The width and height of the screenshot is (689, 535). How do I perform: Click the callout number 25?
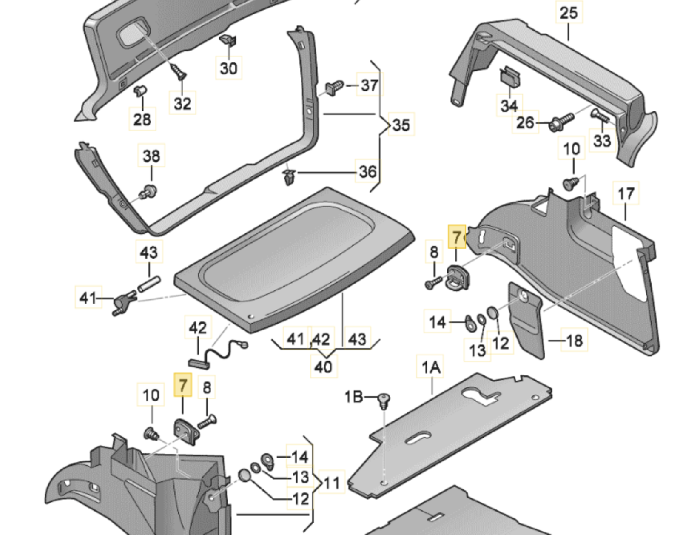pyautogui.click(x=569, y=13)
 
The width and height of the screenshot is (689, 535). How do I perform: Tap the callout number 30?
pyautogui.click(x=228, y=68)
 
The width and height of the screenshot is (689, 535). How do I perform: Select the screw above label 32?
pyautogui.click(x=179, y=72)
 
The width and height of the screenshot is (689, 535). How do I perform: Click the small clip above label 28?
pyautogui.click(x=140, y=91)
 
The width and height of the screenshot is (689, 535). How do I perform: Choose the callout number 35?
pyautogui.click(x=401, y=124)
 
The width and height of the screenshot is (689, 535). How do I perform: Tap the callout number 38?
pyautogui.click(x=151, y=156)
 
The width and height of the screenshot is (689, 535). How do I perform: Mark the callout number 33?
pyautogui.click(x=602, y=140)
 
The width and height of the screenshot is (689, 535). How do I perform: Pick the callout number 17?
pyautogui.click(x=626, y=193)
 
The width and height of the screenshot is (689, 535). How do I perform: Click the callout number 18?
pyautogui.click(x=574, y=341)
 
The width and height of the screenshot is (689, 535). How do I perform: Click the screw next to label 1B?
pyautogui.click(x=384, y=401)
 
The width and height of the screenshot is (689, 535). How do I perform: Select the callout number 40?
pyautogui.click(x=324, y=367)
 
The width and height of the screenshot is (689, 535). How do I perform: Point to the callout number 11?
pyautogui.click(x=332, y=483)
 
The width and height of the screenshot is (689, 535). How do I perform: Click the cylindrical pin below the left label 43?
pyautogui.click(x=149, y=283)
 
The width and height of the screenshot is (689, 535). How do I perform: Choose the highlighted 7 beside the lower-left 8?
pyautogui.click(x=182, y=385)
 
